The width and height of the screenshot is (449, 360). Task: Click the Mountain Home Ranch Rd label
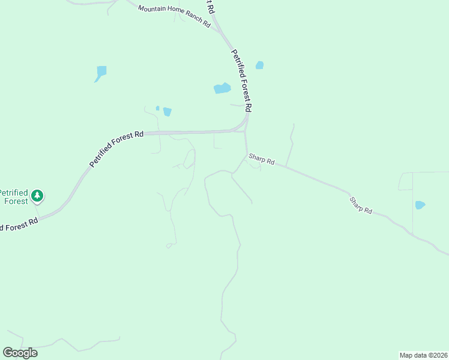tap(174, 17)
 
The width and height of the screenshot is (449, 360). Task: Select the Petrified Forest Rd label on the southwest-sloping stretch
tap(116, 149)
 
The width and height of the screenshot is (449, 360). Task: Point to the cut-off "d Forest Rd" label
tap(19, 224)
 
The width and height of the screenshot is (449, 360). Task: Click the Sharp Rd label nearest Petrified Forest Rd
tap(262, 161)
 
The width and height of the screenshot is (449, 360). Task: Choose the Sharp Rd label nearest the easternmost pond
tap(361, 205)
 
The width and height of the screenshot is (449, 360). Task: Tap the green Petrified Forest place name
tap(13, 197)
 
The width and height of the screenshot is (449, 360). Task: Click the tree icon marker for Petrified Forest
tap(37, 195)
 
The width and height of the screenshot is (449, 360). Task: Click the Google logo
tap(20, 353)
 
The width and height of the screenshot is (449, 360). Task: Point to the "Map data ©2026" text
tap(424, 355)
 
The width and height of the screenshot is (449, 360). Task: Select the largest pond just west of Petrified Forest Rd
tap(222, 88)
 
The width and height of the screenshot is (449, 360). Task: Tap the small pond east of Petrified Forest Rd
tap(259, 65)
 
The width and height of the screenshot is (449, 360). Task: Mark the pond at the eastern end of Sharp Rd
tap(420, 205)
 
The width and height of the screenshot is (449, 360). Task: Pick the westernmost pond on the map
tap(101, 73)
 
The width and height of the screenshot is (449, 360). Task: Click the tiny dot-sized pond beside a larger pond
tap(157, 108)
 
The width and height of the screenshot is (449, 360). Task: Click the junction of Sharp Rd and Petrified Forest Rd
tap(246, 154)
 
